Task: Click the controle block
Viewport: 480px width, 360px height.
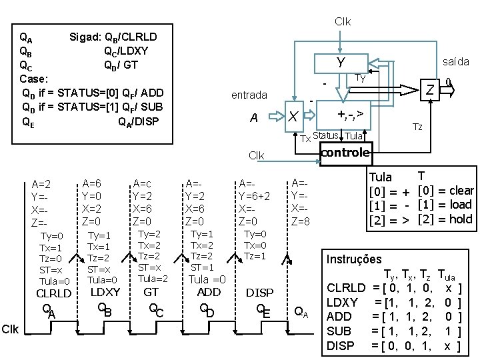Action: coord(345,153)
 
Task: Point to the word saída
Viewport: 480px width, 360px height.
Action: coord(456,61)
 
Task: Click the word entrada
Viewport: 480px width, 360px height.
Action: coord(249,95)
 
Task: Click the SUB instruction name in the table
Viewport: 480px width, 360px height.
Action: coord(340,331)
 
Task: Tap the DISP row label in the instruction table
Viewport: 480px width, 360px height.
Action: coord(341,345)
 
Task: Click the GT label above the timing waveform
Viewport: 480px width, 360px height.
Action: coord(151,292)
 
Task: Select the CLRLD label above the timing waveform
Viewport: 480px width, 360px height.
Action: coord(53,293)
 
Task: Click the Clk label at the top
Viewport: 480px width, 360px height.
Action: coord(343,21)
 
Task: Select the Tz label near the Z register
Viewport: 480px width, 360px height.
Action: coord(417,127)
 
